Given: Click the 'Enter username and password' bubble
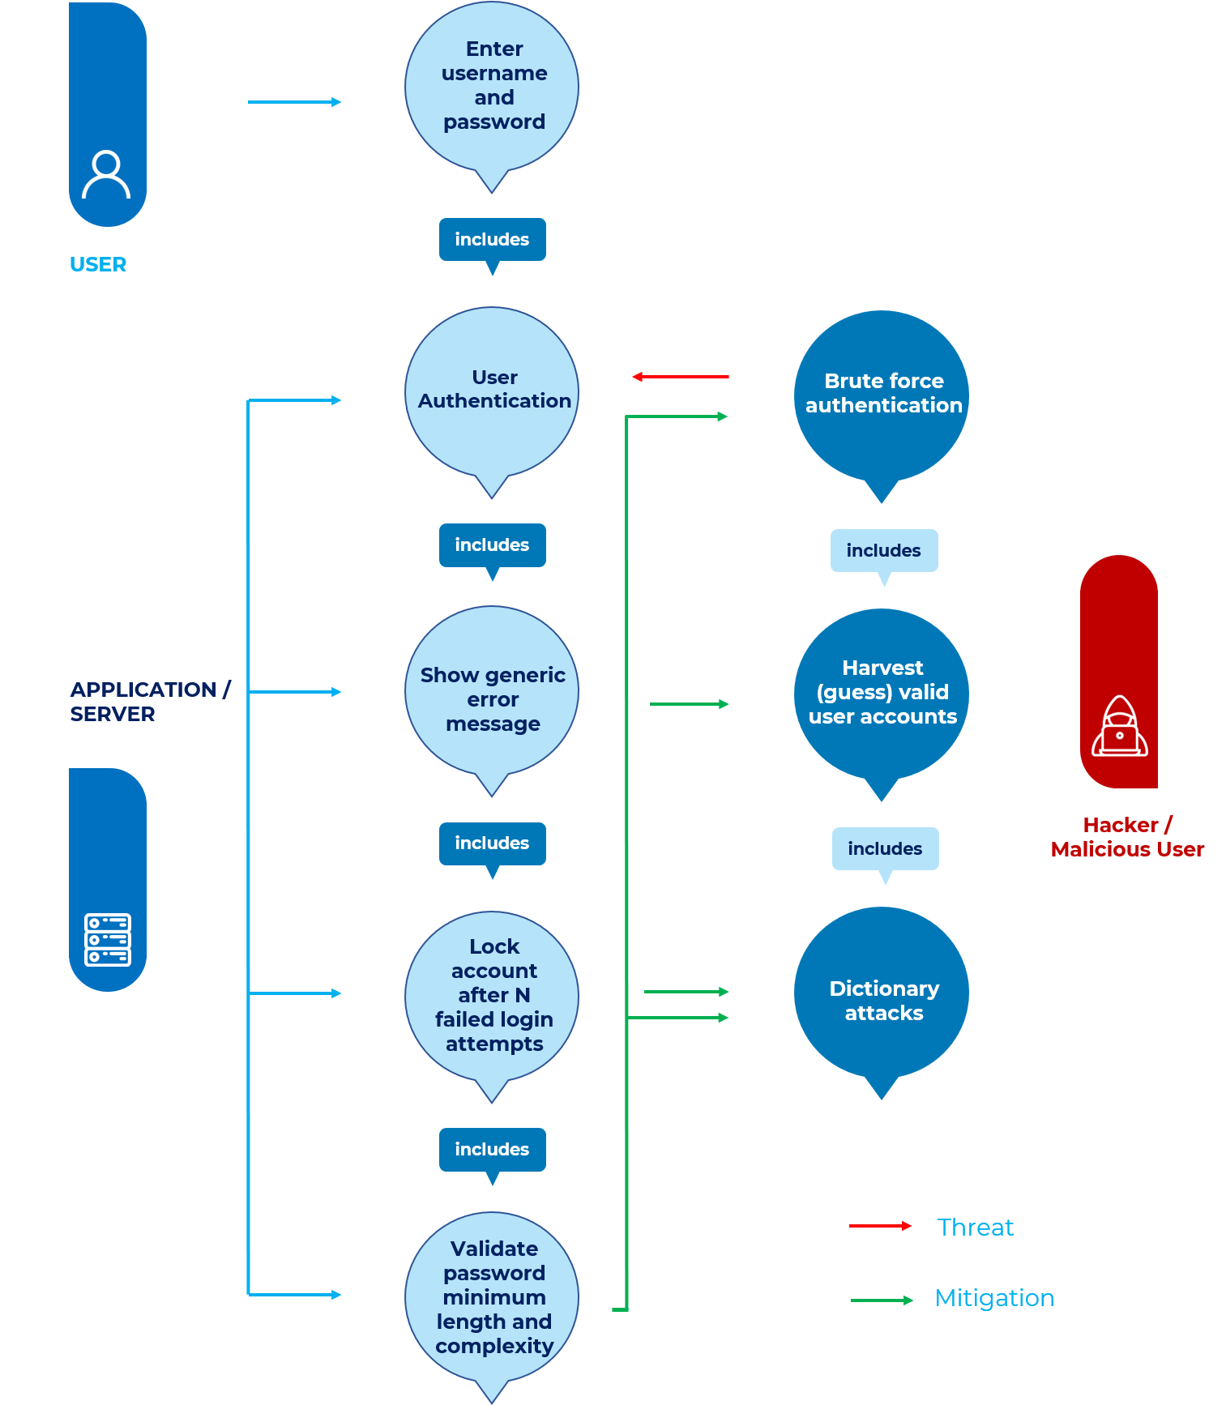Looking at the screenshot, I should [492, 86].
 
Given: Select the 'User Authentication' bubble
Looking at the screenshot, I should [492, 391].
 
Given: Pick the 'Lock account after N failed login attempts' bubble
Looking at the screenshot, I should [492, 995].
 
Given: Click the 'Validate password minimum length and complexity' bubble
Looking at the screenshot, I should [492, 1296].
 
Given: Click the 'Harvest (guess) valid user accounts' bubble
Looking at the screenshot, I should [882, 692].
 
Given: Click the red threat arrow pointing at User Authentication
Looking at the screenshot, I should [681, 377].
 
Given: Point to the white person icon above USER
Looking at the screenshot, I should [106, 174].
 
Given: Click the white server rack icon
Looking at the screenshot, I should [108, 939].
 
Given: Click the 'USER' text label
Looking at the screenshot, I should [98, 265].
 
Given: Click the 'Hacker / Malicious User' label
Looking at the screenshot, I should [1126, 837].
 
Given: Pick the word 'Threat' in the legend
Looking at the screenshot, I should [975, 1228].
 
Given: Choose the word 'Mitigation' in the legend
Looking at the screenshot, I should [994, 1298].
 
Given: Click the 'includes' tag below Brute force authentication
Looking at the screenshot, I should [883, 551].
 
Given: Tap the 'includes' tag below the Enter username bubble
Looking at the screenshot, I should [492, 240].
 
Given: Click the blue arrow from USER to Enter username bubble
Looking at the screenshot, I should [294, 102].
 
